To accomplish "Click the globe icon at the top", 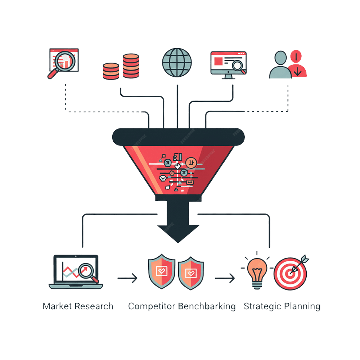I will click(177, 63).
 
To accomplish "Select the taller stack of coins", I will click(131, 66).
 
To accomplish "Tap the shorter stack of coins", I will click(111, 71).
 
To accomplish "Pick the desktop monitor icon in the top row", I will click(228, 63).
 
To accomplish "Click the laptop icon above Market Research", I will click(76, 272).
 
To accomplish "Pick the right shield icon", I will click(191, 273).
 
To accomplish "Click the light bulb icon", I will click(257, 272).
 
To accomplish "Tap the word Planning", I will click(302, 306).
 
